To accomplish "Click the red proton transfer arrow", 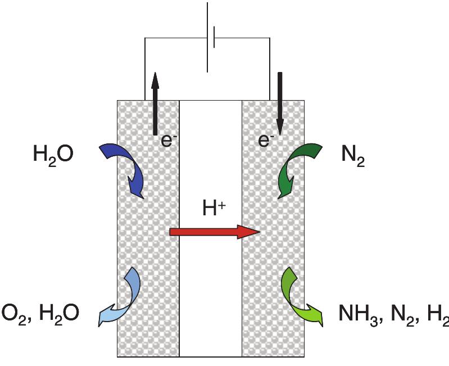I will coord(214,231).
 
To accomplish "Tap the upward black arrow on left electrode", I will coord(155,104).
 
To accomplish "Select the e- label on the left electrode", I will coord(166,141).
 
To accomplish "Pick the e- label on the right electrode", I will coord(265,141).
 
